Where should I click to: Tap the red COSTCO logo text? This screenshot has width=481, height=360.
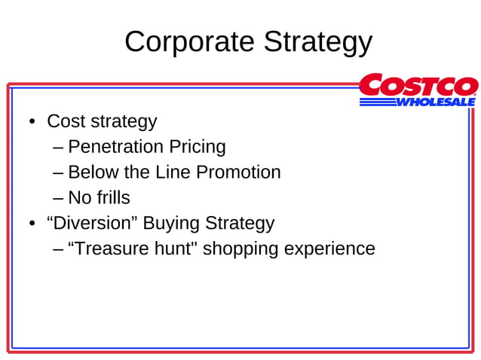tap(418, 85)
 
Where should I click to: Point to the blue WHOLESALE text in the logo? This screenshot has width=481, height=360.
tap(435, 102)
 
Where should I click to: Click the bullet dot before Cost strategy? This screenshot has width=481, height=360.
tap(32, 122)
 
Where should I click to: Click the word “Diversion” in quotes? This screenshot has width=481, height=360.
tap(92, 223)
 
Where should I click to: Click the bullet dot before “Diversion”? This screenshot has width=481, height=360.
tap(32, 224)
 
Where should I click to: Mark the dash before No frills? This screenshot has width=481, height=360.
tap(59, 198)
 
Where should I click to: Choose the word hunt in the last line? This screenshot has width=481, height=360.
tap(173, 249)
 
